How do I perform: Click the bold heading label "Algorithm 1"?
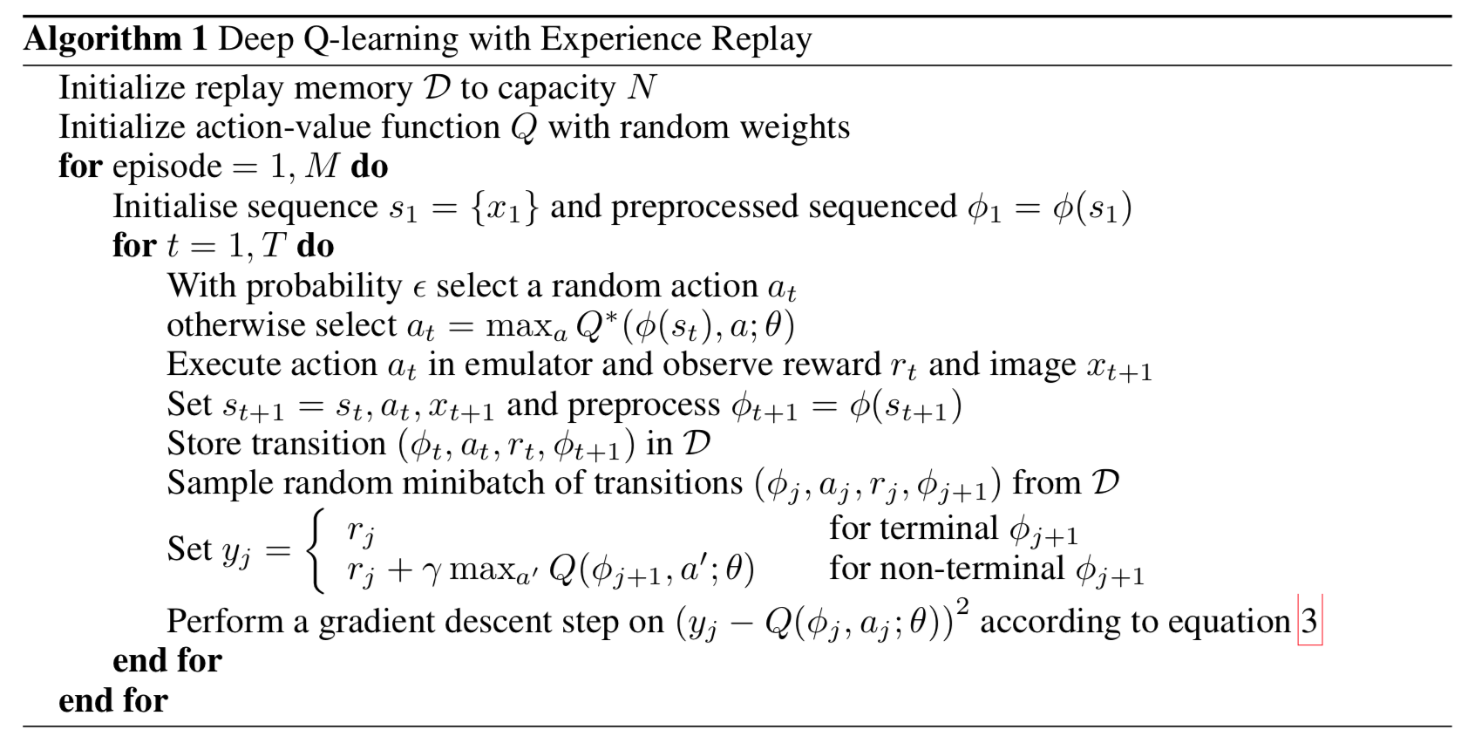tap(116, 40)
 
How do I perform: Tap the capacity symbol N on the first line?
tap(641, 88)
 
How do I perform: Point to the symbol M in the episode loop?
tap(323, 167)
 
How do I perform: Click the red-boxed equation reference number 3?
tap(1309, 622)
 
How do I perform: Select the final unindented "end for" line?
tap(113, 700)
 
